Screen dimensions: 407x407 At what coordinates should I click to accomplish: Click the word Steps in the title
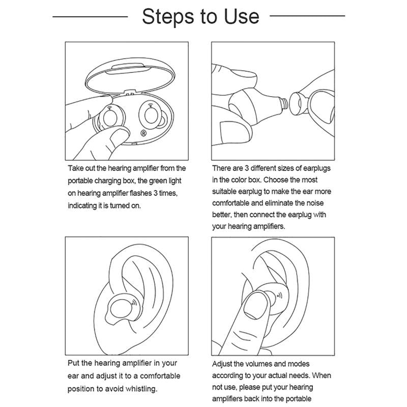166,17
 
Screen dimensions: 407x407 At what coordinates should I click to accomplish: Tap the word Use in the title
241,17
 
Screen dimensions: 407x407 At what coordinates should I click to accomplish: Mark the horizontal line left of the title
90,17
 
